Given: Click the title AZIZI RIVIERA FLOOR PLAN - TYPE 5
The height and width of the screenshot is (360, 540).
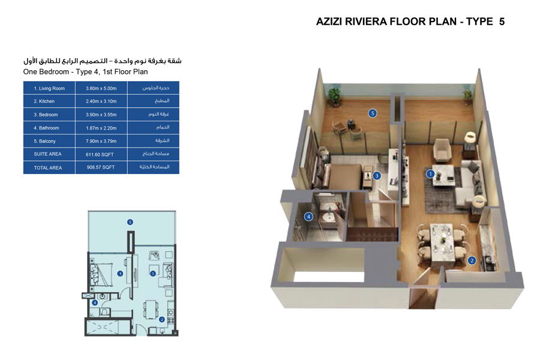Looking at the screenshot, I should pos(410,22).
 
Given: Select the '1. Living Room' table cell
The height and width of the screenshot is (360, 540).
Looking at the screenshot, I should pos(49,88).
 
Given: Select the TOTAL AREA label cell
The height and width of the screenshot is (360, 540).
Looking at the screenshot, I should pos(48,168).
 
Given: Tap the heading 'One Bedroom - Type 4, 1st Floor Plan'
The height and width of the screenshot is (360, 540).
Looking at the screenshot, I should pos(85,71).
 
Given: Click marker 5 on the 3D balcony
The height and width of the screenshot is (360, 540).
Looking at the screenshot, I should pos(373,113).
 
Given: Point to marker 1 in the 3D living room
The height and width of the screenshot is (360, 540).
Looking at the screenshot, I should pos(430,174).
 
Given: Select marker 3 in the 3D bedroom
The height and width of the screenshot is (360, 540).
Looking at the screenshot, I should pos(377,176).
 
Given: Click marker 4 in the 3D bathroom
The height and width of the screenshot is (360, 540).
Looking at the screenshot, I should pos(308,217).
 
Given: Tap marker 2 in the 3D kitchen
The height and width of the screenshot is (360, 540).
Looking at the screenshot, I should pos(472,260).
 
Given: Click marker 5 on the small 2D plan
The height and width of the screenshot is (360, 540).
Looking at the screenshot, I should pos(130,222).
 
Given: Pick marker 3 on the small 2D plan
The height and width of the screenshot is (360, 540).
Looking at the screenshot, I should pos(121,274).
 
